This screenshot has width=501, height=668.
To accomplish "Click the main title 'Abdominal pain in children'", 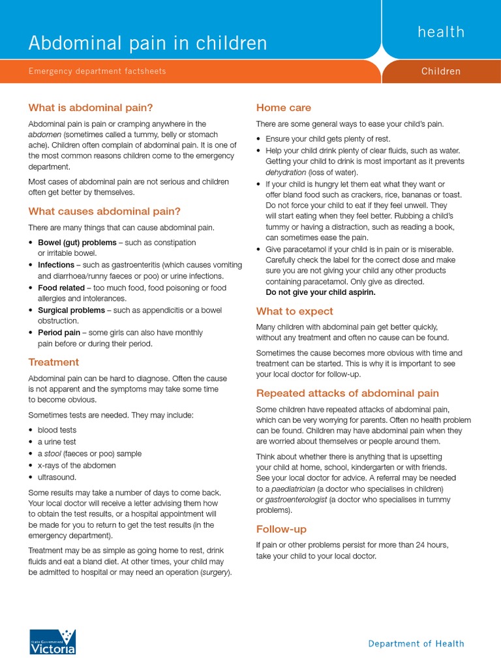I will (147, 43).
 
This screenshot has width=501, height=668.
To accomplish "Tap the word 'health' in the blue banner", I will (441, 32).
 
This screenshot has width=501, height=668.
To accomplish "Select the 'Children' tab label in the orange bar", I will (441, 71).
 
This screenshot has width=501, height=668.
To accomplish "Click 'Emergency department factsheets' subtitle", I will (97, 71).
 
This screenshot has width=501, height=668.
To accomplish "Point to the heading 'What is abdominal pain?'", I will (91, 108).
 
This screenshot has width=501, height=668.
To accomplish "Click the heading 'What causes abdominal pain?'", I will (104, 211).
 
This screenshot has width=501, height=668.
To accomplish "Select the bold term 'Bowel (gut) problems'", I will (77, 242).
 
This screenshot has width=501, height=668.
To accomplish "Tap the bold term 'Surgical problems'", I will (70, 310).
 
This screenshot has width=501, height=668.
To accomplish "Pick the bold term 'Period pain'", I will (59, 333).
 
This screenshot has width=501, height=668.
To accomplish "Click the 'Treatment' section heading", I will (53, 362).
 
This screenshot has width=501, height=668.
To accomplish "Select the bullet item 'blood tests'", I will (57, 430).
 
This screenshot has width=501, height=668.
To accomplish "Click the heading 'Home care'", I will (283, 108).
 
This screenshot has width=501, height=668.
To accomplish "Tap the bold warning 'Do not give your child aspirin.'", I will (320, 292).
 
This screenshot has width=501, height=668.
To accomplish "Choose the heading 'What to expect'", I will (294, 311).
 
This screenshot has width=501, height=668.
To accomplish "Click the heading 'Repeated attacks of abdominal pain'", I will (347, 393).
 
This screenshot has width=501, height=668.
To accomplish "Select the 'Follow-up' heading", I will (281, 529).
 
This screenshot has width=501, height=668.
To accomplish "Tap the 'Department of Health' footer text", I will (416, 643).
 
